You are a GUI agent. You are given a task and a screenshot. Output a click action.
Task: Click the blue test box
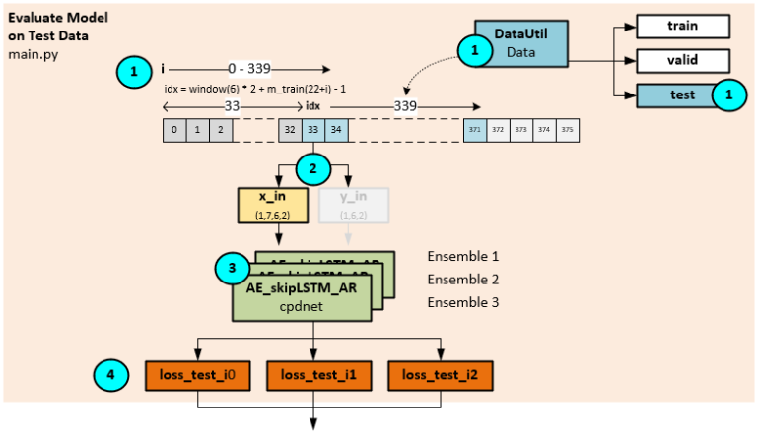point(677,95)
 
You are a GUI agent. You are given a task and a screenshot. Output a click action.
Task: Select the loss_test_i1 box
point(313,374)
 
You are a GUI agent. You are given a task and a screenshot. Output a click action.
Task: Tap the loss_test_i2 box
point(435,374)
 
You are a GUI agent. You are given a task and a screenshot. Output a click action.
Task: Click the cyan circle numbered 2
point(312,168)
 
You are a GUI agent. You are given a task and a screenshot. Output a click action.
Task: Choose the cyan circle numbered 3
point(231,267)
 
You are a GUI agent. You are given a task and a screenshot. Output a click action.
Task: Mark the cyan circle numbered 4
point(112,374)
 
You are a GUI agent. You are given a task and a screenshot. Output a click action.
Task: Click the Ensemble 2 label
point(462,279)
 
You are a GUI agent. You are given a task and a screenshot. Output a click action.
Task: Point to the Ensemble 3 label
point(462,301)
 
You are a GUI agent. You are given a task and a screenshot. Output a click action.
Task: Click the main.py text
point(34,52)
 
